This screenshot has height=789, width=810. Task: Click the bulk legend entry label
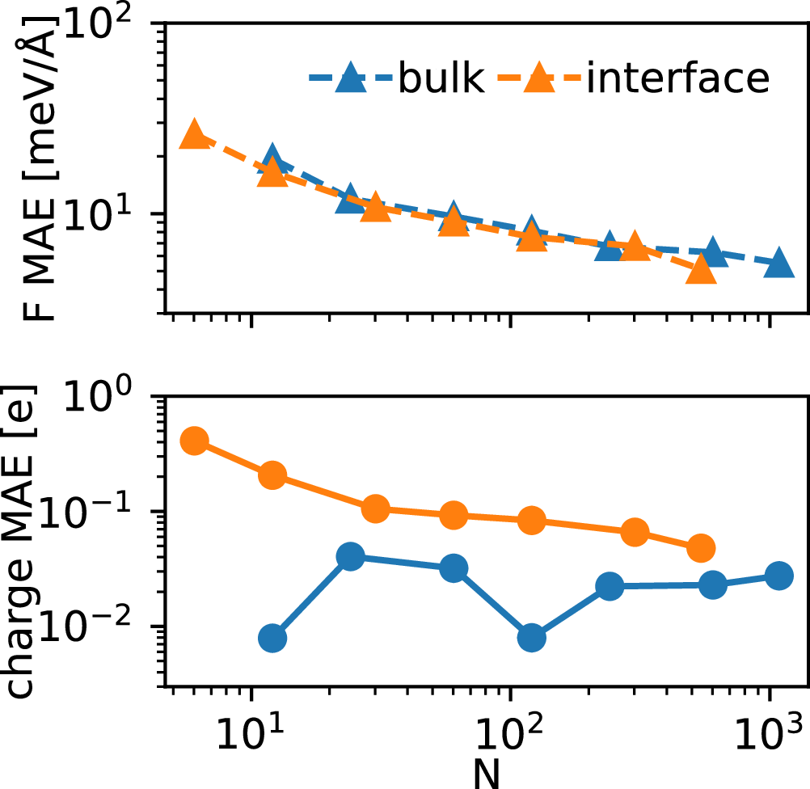click(441, 78)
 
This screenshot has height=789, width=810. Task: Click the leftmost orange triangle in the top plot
click(194, 135)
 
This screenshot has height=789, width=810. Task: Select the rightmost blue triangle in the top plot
click(778, 263)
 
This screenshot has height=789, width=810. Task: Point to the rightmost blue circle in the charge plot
click(778, 576)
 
